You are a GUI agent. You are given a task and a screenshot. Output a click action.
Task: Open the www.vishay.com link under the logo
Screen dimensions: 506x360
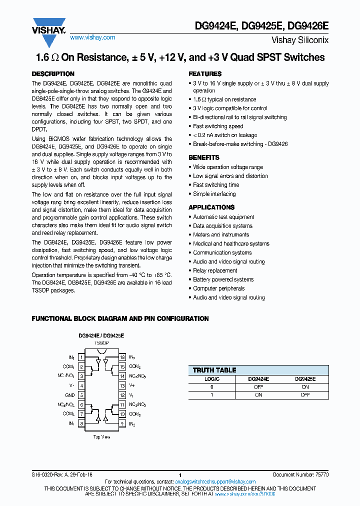(92, 37)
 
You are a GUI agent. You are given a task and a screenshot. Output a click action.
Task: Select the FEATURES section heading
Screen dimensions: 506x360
(205, 74)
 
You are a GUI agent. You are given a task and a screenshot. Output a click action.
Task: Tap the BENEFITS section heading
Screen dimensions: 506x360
(204, 157)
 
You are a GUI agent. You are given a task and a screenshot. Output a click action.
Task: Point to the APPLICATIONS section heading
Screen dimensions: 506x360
(211, 207)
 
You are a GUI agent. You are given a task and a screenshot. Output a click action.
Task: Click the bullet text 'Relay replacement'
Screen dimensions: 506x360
(215, 270)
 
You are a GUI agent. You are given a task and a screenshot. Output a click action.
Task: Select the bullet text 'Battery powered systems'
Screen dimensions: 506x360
(223, 279)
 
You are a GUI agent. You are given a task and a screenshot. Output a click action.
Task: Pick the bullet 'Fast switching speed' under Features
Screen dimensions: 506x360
(218, 126)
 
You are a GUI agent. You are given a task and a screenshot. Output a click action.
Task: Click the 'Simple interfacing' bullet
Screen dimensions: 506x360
(214, 194)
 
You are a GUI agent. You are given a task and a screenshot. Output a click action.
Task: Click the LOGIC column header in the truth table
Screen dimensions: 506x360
(211, 379)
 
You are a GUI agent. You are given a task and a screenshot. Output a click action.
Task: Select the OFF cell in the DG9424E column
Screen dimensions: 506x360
(258, 387)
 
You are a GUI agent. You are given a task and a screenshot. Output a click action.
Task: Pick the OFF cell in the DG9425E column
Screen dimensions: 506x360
(305, 395)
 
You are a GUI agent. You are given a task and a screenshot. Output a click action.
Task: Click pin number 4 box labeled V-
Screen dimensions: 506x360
(81, 386)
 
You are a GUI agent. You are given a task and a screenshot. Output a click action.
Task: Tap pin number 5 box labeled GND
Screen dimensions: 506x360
(81, 395)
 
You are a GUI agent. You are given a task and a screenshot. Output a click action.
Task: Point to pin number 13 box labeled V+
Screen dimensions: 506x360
(121, 386)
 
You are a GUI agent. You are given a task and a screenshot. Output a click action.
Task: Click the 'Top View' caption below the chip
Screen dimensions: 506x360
(102, 436)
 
